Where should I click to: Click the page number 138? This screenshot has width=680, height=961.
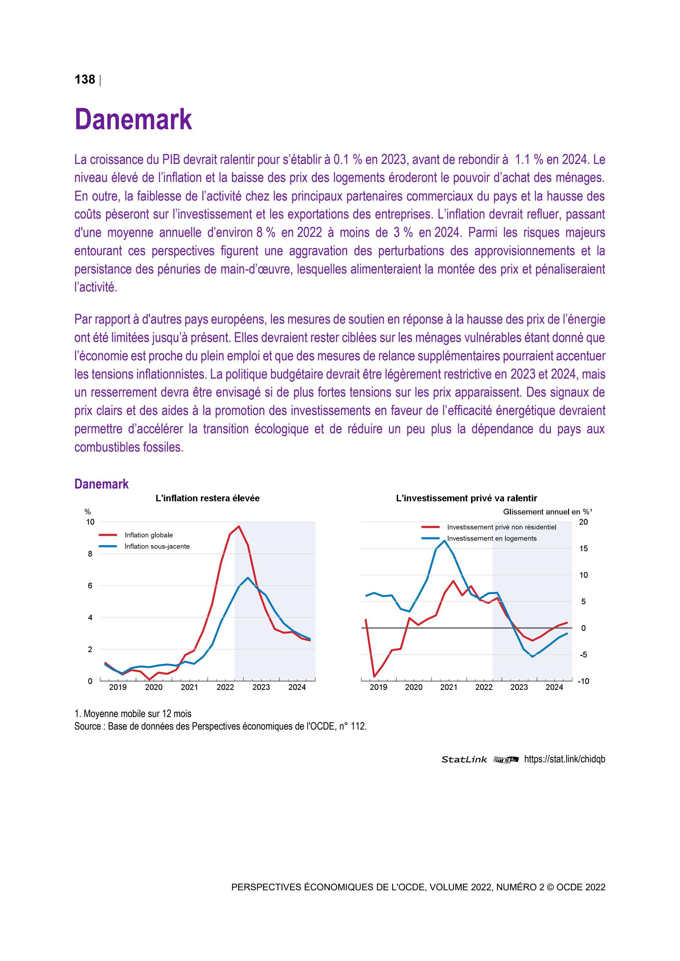(x=85, y=79)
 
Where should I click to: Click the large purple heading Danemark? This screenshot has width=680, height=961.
(x=133, y=119)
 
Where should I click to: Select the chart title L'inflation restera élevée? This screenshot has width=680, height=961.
(x=207, y=498)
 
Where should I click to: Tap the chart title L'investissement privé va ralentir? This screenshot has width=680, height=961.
(x=467, y=498)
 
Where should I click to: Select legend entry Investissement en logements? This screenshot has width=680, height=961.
(x=492, y=538)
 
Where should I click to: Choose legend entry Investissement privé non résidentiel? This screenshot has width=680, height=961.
(x=501, y=527)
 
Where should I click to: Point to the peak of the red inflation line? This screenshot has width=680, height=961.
(x=239, y=526)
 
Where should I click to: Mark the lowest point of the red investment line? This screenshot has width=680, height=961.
(x=374, y=677)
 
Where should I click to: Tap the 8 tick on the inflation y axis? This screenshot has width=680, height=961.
(x=90, y=554)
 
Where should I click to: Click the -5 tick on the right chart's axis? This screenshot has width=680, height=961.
(x=583, y=655)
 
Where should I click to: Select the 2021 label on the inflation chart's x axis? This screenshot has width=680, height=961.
(x=189, y=687)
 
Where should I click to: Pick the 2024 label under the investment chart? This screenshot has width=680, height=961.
(x=554, y=687)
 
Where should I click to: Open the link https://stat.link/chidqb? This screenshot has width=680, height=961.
(x=565, y=759)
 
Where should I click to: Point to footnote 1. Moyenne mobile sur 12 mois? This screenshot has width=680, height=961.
(x=133, y=714)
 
